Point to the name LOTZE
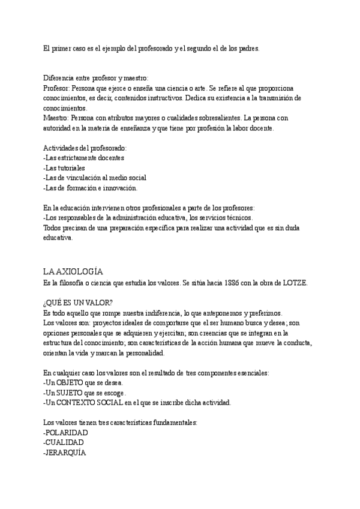[x=294, y=283]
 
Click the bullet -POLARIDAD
[x=66, y=432]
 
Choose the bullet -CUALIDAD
[x=64, y=443]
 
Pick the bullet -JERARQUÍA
[x=65, y=453]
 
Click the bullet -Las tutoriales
[x=64, y=168]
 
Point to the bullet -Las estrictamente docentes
[x=84, y=158]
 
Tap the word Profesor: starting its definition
[x=58, y=88]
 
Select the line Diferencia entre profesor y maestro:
[x=96, y=78]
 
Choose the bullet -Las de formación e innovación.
[x=91, y=188]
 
